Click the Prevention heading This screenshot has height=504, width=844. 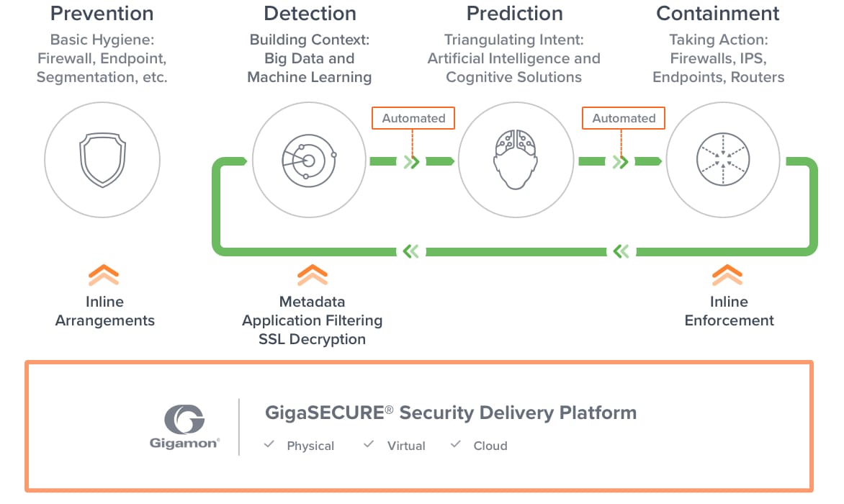click(102, 13)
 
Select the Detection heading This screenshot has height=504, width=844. click(310, 13)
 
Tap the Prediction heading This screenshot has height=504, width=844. click(513, 13)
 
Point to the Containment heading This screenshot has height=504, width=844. click(718, 13)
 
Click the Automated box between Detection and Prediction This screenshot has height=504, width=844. click(413, 118)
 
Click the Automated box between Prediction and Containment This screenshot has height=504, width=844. click(624, 118)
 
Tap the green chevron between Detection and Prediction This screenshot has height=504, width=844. click(411, 161)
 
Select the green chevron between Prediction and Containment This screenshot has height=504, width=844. click(621, 161)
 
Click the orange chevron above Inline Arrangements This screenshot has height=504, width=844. click(104, 275)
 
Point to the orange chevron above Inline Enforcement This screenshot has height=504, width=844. click(727, 275)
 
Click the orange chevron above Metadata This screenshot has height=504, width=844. click(312, 275)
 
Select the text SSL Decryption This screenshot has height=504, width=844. click(312, 339)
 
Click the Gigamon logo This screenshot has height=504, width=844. click(184, 426)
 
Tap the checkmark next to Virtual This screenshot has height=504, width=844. click(369, 445)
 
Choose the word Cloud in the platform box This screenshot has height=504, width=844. click(490, 446)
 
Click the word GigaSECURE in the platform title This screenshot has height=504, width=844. click(325, 413)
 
